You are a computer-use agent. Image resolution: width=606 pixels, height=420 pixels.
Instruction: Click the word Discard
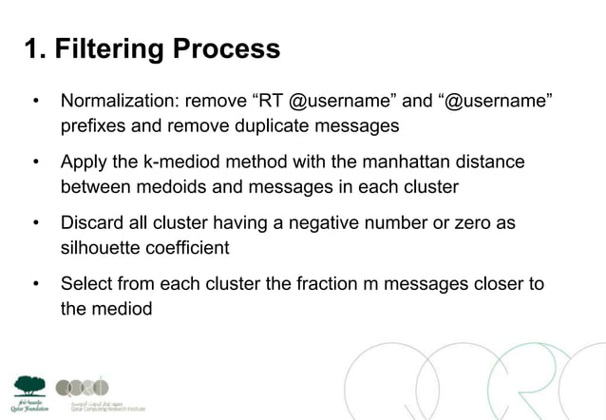click(x=94, y=224)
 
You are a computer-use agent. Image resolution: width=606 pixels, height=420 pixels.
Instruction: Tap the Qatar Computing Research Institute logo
click(x=84, y=390)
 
